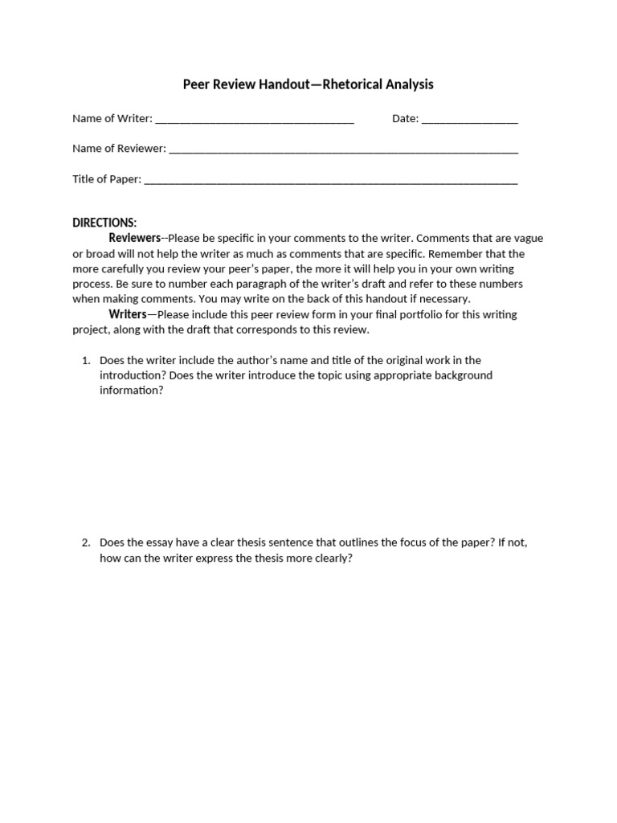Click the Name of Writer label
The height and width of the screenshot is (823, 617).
click(112, 118)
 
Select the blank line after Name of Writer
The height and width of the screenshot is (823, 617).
click(254, 121)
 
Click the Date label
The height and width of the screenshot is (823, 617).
click(405, 118)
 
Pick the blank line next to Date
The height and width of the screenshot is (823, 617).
click(469, 121)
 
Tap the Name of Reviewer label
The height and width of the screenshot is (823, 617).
click(119, 148)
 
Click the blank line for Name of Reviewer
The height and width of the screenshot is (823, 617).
click(343, 150)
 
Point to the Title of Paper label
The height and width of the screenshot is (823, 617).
click(106, 178)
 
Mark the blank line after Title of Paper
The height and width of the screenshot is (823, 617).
click(330, 181)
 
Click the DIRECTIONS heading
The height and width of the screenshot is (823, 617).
click(104, 223)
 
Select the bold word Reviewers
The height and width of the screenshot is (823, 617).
click(135, 238)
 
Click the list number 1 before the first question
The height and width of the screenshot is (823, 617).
click(86, 360)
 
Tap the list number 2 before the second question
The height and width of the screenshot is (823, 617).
click(86, 543)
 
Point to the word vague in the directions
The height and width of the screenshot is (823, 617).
click(528, 238)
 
